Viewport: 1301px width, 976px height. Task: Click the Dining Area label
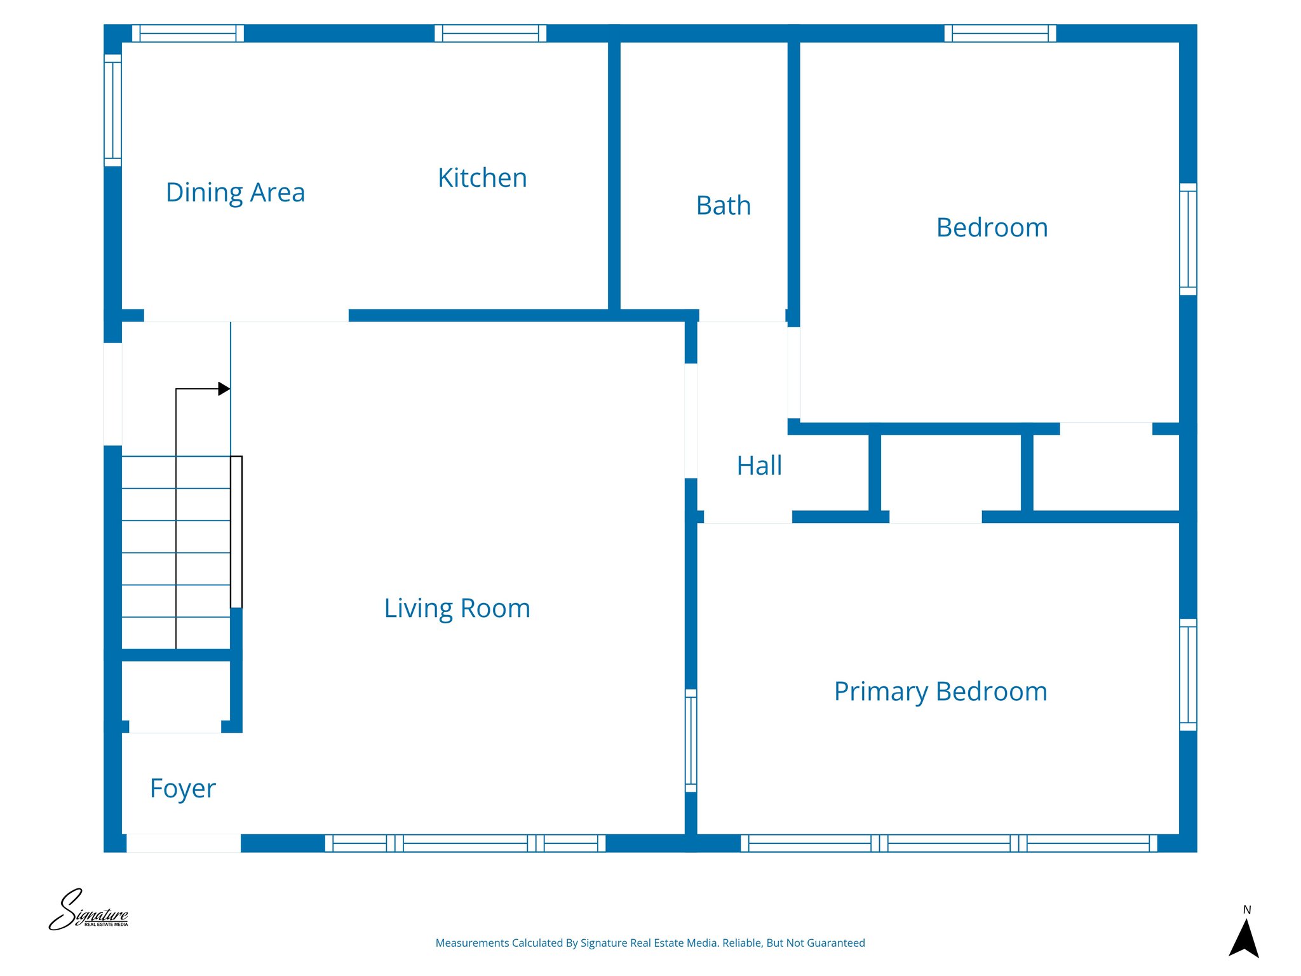coord(235,193)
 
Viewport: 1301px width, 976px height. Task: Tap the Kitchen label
coord(482,178)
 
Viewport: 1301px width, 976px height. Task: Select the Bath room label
coord(723,206)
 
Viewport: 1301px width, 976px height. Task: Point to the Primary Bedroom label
coord(940,691)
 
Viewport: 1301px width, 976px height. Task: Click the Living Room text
coord(457,608)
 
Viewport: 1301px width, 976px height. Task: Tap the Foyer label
coord(183,789)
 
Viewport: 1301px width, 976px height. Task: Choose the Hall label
coord(758,466)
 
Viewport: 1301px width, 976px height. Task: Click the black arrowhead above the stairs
coord(224,388)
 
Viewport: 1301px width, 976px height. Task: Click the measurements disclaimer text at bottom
coord(650,943)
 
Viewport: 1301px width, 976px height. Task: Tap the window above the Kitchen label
coord(490,33)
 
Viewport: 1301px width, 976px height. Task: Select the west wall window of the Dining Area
coord(112,110)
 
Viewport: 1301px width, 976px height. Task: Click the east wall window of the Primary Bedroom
coord(1188,675)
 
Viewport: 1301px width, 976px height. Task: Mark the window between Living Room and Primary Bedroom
coord(691,741)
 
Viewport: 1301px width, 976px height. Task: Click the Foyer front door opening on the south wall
coord(184,843)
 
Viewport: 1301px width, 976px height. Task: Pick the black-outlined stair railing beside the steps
coord(236,532)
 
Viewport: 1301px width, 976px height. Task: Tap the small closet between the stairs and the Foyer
coord(175,693)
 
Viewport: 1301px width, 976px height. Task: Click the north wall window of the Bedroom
coord(1000,33)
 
